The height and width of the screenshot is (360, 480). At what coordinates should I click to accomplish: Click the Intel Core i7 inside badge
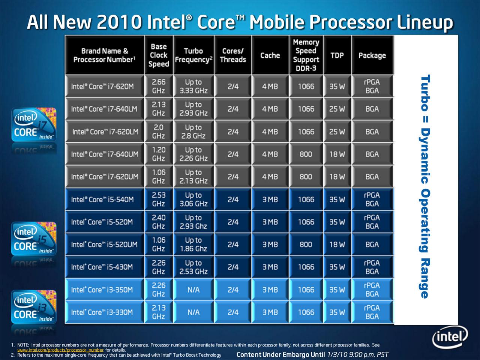pos(34,124)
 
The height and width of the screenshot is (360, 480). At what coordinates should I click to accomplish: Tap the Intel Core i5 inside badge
pos(34,239)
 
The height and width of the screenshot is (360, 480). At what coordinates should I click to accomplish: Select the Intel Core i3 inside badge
pos(34,307)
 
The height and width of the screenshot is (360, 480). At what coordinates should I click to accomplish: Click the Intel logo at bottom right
pos(450,337)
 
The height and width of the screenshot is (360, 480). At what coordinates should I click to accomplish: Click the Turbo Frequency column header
pos(193,55)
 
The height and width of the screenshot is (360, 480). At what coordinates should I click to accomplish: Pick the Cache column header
pos(270,55)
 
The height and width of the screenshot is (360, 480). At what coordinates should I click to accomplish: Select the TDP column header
pos(337,55)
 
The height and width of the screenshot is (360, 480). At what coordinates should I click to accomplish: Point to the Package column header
pos(372,55)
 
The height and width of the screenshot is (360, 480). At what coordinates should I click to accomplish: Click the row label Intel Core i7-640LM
pos(104,109)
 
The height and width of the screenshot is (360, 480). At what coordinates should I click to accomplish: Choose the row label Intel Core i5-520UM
pos(104,245)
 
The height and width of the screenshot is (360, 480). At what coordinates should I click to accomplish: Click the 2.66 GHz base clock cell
pos(159,86)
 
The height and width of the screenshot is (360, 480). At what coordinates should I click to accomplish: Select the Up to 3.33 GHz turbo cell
pos(193,86)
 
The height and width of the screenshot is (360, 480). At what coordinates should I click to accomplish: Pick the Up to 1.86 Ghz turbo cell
pos(193,245)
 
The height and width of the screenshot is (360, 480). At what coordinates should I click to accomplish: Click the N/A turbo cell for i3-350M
pos(193,290)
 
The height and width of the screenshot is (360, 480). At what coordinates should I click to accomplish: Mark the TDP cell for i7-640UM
pos(337,154)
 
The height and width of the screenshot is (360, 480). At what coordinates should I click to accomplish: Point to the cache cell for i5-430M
pos(270,267)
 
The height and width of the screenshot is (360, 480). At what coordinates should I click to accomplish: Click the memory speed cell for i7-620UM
pos(306,177)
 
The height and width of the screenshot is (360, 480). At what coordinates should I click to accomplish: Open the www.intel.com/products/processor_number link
pos(60,350)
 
